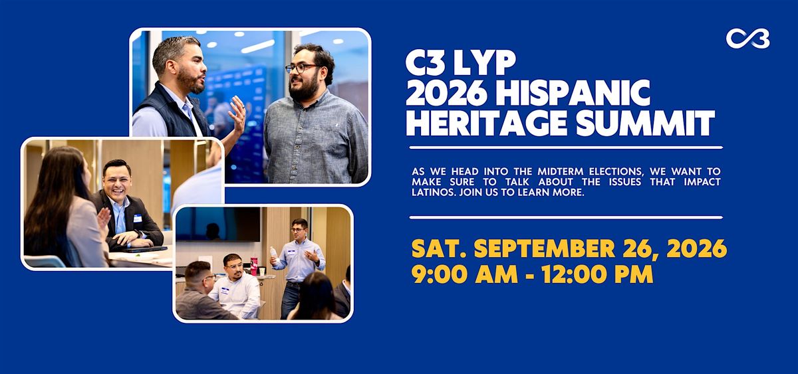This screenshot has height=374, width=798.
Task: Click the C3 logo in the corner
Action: pos(747,39)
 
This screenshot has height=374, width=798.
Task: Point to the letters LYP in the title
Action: pos(485,62)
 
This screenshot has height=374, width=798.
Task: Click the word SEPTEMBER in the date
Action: pos(545,248)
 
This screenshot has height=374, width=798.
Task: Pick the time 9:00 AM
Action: pos(465,274)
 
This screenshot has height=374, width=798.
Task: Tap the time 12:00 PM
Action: pos(597,274)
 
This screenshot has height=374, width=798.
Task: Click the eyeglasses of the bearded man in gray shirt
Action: pos(301,68)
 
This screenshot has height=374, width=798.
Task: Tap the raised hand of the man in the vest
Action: pos(237,114)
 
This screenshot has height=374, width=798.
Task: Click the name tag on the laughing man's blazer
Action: pos(138,218)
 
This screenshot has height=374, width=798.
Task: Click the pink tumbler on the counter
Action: pos(253,266)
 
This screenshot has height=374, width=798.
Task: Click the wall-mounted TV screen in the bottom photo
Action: pos(219,224)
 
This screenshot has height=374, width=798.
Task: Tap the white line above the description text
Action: pos(566,147)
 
